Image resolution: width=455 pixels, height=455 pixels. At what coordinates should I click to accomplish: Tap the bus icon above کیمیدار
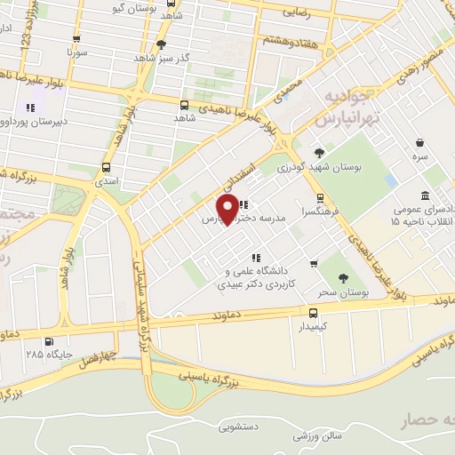coord(313,313)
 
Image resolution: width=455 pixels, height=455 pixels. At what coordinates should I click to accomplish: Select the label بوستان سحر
coord(344,292)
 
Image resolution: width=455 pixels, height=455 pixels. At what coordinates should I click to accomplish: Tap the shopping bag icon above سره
coord(419,141)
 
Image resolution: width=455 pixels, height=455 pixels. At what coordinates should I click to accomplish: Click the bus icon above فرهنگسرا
coord(320,198)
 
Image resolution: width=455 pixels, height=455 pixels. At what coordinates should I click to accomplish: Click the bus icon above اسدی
coord(107,167)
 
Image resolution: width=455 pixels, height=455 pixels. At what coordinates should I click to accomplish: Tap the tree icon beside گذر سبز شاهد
coord(161,44)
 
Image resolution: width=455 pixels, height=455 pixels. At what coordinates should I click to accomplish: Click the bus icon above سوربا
coord(76,39)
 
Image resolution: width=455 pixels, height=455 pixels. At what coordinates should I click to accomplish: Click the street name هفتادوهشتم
coord(288,40)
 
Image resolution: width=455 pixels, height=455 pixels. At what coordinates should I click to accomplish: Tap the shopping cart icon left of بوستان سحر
coord(313,264)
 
